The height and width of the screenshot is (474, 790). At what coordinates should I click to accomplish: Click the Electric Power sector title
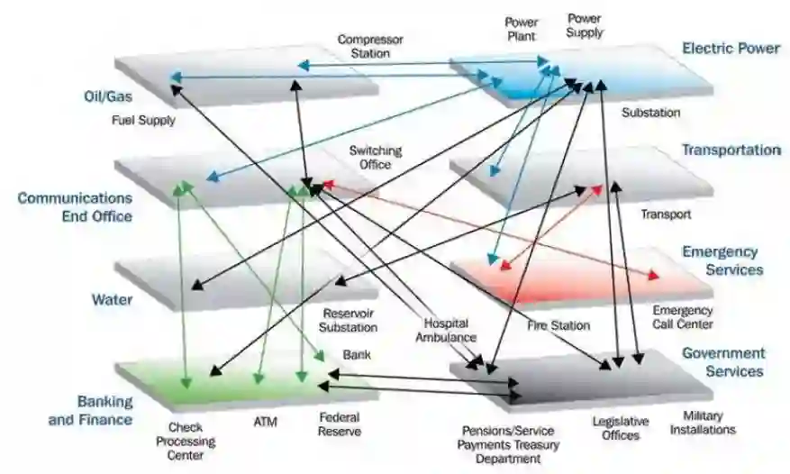(x=731, y=49)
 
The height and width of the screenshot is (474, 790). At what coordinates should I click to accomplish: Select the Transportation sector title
(x=731, y=150)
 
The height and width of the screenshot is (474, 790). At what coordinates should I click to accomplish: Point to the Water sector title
(x=113, y=299)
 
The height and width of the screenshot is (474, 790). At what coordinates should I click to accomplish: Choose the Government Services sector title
(x=723, y=362)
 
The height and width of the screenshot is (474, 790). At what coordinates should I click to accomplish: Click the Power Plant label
(x=521, y=29)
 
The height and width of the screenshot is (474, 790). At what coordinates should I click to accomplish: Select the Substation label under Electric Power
(x=650, y=113)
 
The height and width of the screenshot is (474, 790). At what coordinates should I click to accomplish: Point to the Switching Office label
(x=376, y=158)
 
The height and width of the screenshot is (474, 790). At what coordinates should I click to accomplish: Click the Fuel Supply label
(x=143, y=120)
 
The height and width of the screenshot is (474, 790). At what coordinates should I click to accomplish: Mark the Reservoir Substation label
(x=350, y=320)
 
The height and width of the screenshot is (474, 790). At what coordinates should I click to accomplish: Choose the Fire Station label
(x=558, y=325)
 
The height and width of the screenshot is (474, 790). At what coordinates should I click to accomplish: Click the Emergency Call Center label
(x=682, y=317)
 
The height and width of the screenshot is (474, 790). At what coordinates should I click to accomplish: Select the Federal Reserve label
(x=341, y=424)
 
